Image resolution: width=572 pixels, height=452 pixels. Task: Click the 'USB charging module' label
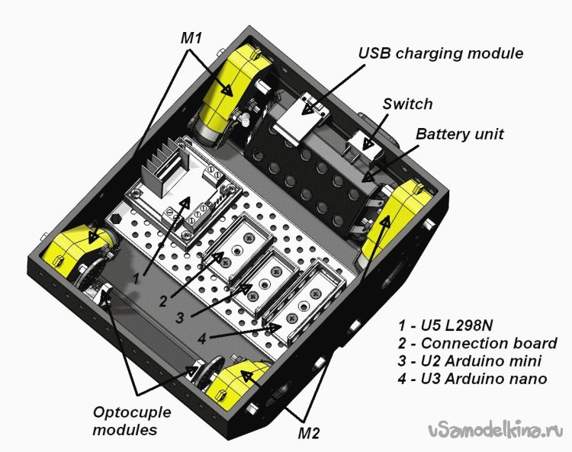442,53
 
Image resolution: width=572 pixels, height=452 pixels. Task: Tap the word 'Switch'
407,104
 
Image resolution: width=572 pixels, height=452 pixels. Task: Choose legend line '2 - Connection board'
477,343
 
